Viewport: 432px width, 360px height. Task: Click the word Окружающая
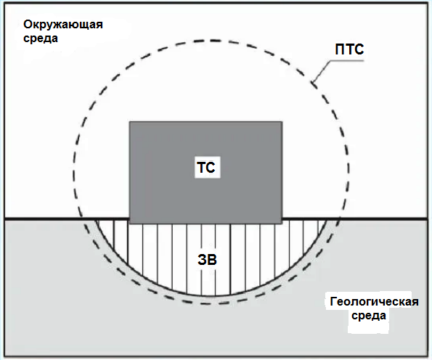pos(63,25)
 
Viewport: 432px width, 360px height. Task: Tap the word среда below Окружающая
pos(41,38)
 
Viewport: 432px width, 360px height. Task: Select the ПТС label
pos(349,49)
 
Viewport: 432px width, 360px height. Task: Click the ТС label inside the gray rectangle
pos(206,168)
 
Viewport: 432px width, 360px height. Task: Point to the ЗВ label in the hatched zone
pos(207,259)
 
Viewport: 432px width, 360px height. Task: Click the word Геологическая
pos(374,302)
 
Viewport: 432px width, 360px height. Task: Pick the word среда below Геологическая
pos(369,316)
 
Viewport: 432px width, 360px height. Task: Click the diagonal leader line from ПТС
pos(322,71)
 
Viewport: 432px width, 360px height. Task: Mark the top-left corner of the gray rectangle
pos(130,122)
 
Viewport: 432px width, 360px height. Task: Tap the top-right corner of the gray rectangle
pos(282,122)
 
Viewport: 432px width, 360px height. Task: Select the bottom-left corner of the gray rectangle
pos(130,224)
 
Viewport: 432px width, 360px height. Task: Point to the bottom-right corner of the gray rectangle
pos(282,224)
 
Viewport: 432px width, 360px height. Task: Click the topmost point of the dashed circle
pos(211,41)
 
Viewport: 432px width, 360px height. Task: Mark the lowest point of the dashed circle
pos(211,304)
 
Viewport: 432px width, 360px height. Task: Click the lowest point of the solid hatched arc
pos(211,296)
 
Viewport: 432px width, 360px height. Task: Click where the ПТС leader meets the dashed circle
pos(312,82)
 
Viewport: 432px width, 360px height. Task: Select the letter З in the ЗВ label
pos(203,259)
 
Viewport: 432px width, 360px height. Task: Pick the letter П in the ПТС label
pos(340,49)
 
